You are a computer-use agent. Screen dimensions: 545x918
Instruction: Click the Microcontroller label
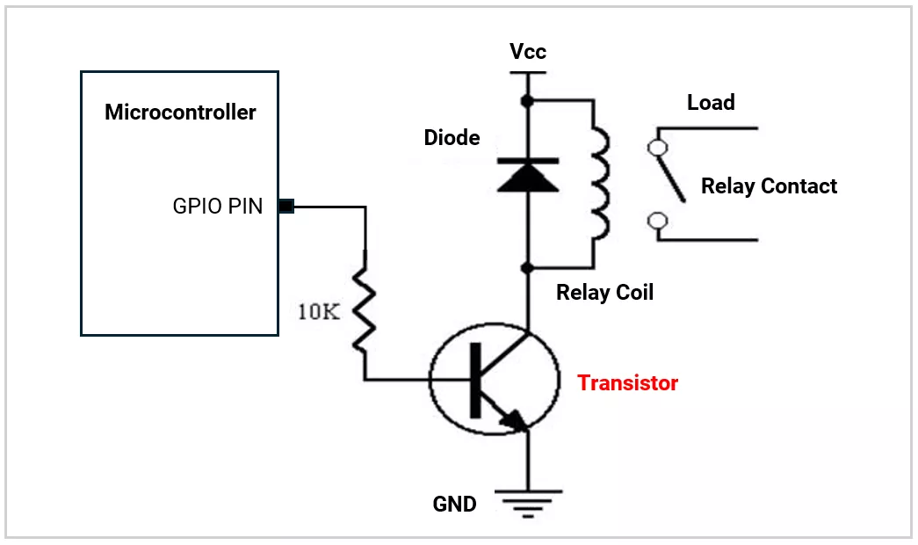[180, 113]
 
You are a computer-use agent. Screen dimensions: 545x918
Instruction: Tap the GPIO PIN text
[218, 207]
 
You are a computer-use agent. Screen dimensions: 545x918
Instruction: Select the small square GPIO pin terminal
[286, 207]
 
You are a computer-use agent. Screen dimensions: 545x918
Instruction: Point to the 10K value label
[318, 312]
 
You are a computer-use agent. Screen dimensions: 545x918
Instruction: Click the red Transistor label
[627, 383]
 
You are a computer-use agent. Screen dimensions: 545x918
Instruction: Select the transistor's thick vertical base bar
[476, 380]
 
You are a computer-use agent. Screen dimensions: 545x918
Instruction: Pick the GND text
[454, 505]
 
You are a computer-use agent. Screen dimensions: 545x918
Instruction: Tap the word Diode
[452, 138]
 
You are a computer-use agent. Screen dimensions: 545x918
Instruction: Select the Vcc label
[527, 52]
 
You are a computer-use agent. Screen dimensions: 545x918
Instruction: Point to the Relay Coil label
[604, 293]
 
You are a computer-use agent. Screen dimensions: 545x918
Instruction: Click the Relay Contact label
[769, 186]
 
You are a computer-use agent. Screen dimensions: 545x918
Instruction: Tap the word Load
[711, 103]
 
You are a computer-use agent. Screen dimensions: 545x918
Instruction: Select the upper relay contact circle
[655, 147]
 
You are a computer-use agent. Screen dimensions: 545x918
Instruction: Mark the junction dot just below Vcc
[527, 101]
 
